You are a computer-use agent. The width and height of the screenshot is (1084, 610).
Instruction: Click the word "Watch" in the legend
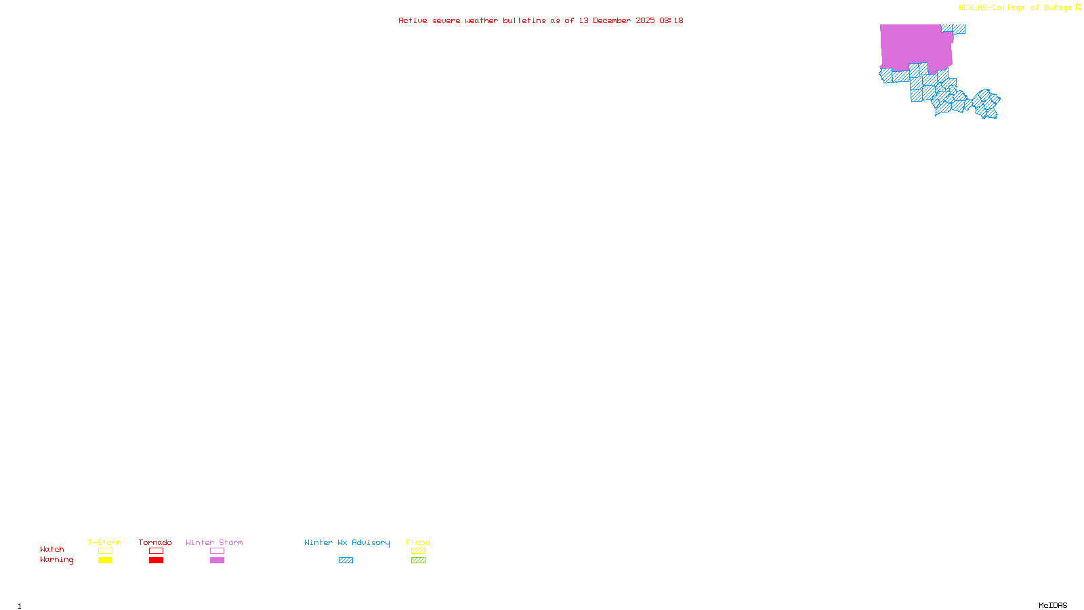(x=52, y=550)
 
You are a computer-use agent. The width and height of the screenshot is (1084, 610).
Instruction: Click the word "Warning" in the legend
(x=57, y=560)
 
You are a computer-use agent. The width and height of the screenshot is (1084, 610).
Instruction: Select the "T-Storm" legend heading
(x=104, y=542)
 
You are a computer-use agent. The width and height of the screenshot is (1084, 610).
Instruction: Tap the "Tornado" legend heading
(x=155, y=542)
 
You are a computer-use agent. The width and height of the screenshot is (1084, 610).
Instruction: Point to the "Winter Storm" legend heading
(x=214, y=542)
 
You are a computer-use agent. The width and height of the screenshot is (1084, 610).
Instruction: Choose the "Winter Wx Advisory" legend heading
(x=347, y=542)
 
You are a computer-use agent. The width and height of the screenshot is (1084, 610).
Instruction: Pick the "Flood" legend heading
(x=418, y=542)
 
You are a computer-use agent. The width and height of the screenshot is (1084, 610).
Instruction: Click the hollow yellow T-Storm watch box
(x=105, y=551)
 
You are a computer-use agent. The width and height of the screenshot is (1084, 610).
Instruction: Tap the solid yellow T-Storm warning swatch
(x=105, y=561)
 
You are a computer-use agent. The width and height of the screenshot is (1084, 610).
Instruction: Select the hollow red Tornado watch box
(x=156, y=551)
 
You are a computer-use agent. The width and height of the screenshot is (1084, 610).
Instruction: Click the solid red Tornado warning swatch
(x=156, y=561)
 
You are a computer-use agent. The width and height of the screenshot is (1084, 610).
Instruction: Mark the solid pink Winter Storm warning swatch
(x=217, y=561)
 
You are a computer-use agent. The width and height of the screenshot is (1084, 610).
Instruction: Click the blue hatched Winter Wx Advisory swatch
(x=346, y=561)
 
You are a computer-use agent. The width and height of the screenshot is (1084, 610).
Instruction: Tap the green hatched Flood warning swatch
(x=418, y=561)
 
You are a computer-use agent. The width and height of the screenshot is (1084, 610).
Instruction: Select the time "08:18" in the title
(x=671, y=20)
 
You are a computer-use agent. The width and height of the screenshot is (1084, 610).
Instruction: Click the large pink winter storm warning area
(x=915, y=46)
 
